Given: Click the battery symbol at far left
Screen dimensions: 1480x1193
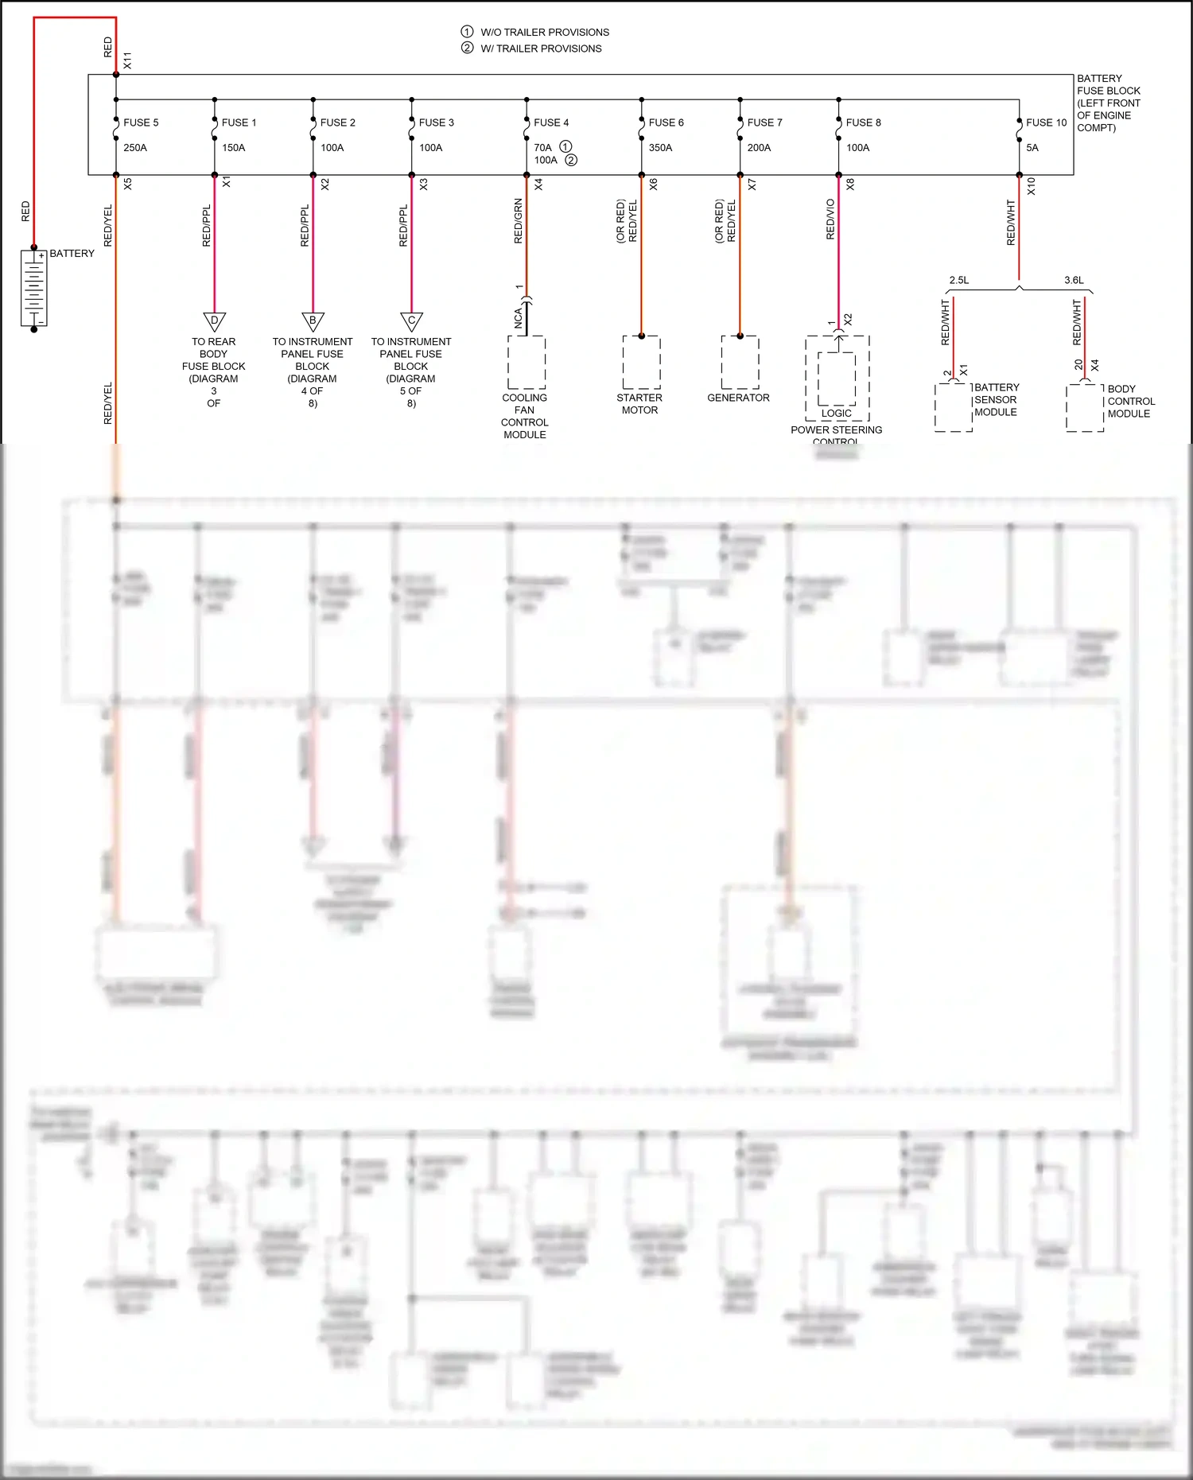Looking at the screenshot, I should (33, 288).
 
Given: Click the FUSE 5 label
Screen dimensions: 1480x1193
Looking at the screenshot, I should (141, 122).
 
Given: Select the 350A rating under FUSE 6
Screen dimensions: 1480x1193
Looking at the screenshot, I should (660, 148).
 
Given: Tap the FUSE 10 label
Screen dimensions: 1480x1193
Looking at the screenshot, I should (1046, 122).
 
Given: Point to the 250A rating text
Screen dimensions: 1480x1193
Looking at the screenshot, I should (135, 148).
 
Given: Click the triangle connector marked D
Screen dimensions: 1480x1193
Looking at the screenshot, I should (214, 321).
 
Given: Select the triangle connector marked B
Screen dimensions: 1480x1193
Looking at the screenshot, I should (313, 321).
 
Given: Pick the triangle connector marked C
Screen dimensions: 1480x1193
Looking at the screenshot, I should (411, 321).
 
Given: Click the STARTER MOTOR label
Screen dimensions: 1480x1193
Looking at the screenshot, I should (639, 404).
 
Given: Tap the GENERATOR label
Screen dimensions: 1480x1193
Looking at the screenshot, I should (738, 398).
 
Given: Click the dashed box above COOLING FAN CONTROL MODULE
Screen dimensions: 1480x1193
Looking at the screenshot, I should (526, 362).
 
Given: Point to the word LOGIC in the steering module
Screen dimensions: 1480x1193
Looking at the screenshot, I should (836, 414).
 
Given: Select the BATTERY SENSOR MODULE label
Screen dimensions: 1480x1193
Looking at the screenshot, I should (996, 400).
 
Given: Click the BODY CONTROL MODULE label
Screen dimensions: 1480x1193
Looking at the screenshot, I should (1130, 402).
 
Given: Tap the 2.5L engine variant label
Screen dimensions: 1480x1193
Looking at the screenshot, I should (958, 280).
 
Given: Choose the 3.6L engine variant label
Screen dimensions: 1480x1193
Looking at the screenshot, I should (1074, 280).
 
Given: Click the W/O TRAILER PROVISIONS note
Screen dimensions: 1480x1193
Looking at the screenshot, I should (544, 33).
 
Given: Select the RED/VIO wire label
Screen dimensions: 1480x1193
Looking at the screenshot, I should (830, 219).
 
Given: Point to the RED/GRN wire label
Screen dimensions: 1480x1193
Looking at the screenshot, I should (519, 221).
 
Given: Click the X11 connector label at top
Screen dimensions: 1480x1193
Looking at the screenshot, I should (127, 60).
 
